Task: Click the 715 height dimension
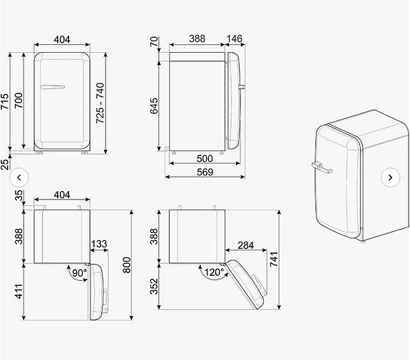pos(6,101)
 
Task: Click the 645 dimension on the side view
pos(155,106)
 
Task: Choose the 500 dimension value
pos(204,158)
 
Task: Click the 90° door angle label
pos(78,272)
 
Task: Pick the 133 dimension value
pos(98,245)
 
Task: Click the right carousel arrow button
pos(390,176)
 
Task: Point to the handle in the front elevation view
pos(53,87)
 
